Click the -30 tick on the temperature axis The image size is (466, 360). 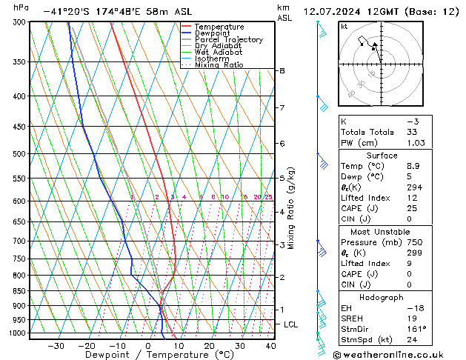pos(56,345)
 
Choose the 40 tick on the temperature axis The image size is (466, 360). pos(270,345)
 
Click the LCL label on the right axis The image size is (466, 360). pos(291,324)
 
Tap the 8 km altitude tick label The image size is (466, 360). pos(282,70)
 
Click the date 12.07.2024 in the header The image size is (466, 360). pos(334,11)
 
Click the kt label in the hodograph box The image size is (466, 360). pos(344,27)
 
